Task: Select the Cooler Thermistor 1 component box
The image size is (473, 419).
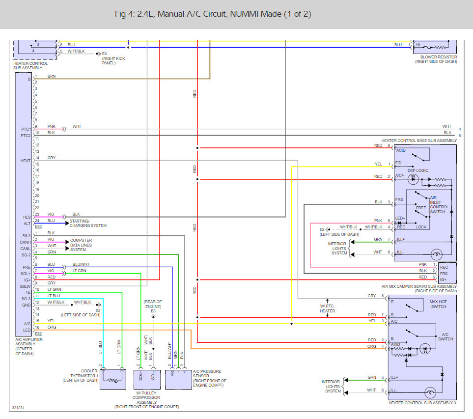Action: pyautogui.click(x=113, y=379)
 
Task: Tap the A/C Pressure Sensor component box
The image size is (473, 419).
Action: pyautogui.click(x=178, y=380)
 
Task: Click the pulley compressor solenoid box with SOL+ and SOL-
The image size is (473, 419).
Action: pyautogui.click(x=147, y=380)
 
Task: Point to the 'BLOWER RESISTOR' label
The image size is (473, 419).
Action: pyautogui.click(x=439, y=56)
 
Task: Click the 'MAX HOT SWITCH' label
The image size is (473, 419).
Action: pyautogui.click(x=438, y=304)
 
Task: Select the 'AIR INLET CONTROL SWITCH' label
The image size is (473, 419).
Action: pyautogui.click(x=439, y=204)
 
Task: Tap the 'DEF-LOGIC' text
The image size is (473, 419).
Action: pyautogui.click(x=418, y=170)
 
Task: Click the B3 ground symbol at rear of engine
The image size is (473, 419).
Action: pyautogui.click(x=153, y=316)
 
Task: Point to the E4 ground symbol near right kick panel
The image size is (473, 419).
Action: pyautogui.click(x=98, y=54)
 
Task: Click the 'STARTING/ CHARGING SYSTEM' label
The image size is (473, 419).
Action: pyautogui.click(x=88, y=223)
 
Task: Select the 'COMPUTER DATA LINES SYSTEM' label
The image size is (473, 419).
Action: pyautogui.click(x=81, y=245)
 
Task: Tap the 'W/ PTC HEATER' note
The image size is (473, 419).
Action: pyautogui.click(x=327, y=308)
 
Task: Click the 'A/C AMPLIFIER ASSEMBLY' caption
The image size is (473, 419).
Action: pyautogui.click(x=28, y=341)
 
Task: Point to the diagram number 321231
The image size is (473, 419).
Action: pyautogui.click(x=18, y=408)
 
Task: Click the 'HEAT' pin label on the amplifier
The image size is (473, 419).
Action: pyautogui.click(x=26, y=161)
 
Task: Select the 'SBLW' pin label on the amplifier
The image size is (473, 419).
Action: pyautogui.click(x=25, y=286)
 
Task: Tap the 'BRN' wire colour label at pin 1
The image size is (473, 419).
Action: pyautogui.click(x=52, y=76)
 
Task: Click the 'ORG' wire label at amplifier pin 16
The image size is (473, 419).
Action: pyautogui.click(x=52, y=327)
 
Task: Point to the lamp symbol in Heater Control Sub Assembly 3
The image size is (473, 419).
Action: pyautogui.click(x=430, y=393)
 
